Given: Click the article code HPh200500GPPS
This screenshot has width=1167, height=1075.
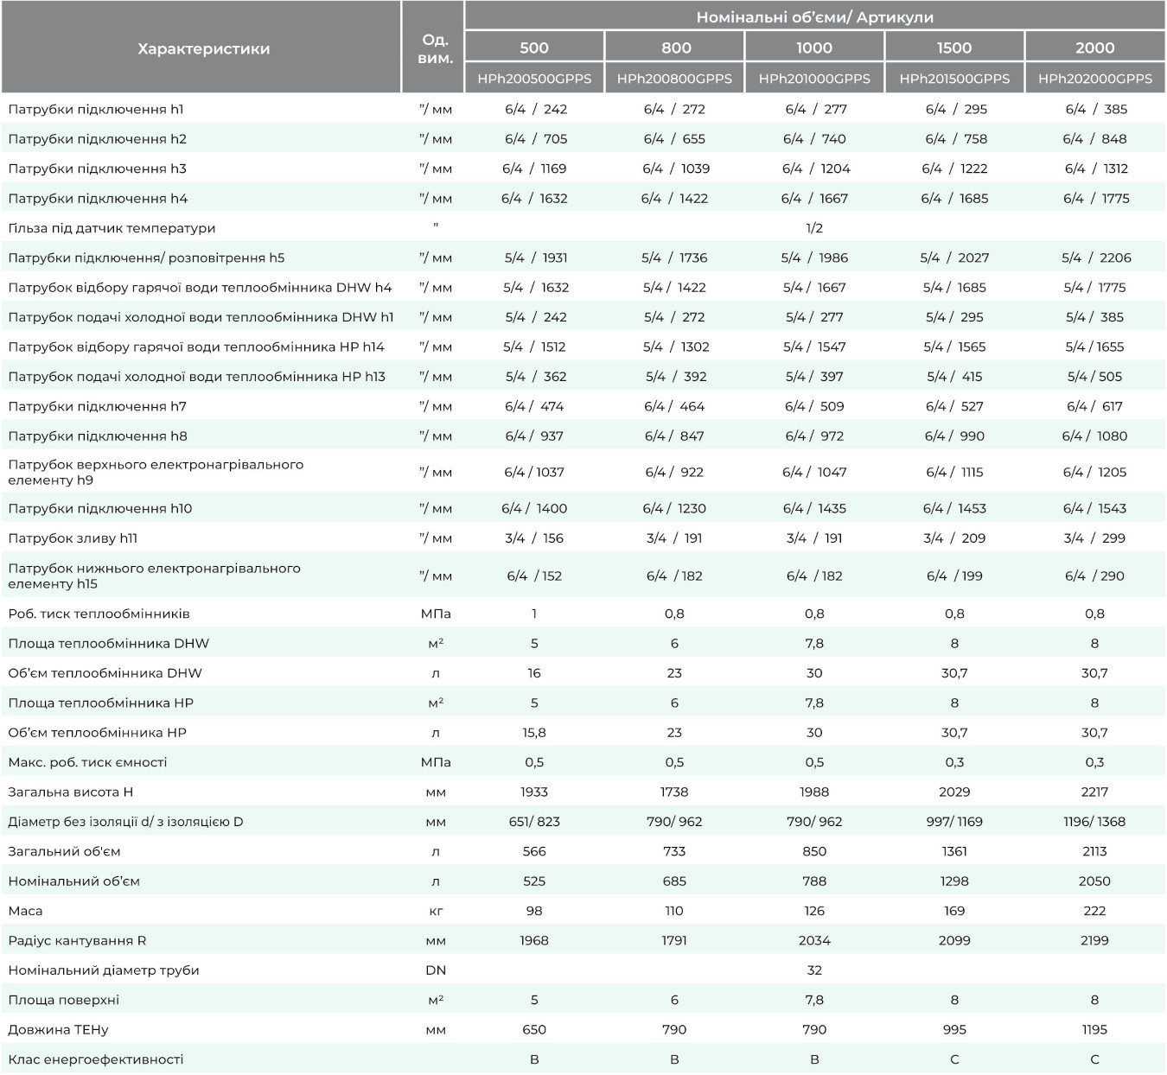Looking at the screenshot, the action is tap(534, 79).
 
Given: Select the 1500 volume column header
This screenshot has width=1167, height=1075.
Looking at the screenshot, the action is tap(954, 48).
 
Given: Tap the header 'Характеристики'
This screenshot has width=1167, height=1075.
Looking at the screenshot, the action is tap(204, 48).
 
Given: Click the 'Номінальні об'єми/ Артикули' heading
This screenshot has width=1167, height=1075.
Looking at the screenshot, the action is tap(814, 17).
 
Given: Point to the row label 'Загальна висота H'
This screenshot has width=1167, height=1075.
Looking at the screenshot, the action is tap(70, 792).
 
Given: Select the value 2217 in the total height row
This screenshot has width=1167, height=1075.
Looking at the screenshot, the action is tap(1094, 792).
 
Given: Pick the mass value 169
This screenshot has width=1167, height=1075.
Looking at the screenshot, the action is tap(954, 910).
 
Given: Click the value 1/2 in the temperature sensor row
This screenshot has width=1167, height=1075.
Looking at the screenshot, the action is tap(814, 228).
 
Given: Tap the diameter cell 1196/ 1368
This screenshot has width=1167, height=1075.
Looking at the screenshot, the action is tap(1094, 822).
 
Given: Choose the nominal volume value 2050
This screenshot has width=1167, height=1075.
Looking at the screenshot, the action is tap(1094, 881).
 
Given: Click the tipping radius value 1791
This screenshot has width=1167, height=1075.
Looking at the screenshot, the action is tap(674, 940).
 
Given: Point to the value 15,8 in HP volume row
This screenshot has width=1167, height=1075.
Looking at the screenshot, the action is tap(534, 733).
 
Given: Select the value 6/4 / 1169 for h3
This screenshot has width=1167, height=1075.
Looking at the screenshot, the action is tap(534, 169).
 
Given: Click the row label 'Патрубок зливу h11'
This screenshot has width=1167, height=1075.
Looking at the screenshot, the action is tap(73, 538).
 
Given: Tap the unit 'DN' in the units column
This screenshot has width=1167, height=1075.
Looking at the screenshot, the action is tap(436, 970).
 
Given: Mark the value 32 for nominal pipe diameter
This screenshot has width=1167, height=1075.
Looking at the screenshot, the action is tap(814, 970).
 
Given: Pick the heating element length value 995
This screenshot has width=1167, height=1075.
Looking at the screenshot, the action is tap(954, 1029).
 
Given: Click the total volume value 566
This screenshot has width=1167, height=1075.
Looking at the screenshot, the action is tap(534, 851).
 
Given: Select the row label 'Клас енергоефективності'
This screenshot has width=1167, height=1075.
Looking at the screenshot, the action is tap(95, 1059).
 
